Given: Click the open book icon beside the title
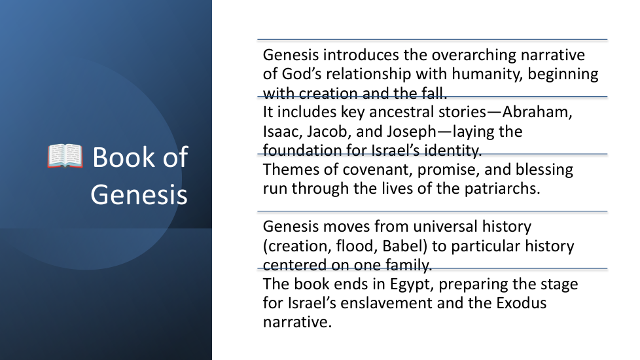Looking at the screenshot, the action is [65, 156].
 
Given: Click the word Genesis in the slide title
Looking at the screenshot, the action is [139, 194].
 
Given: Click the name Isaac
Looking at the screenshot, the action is [283, 132].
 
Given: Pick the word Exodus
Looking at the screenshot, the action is [521, 303].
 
